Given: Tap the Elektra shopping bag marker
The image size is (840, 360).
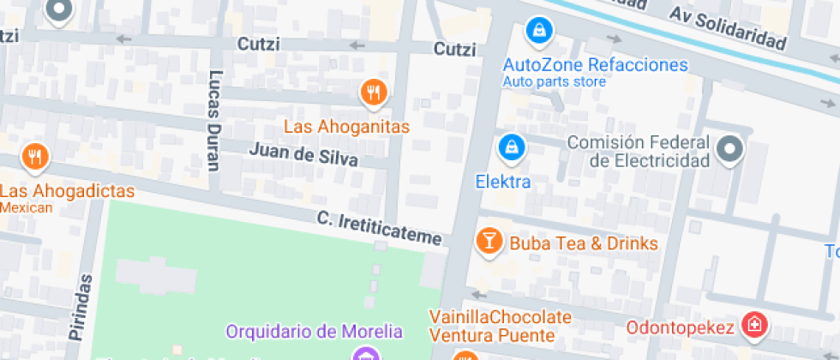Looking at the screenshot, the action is pyautogui.click(x=512, y=146).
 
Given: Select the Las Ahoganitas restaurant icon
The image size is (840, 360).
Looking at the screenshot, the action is pyautogui.click(x=372, y=92).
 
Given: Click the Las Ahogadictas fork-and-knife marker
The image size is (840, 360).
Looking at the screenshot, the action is pyautogui.click(x=35, y=157).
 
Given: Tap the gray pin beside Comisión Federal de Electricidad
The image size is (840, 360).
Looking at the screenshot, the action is pyautogui.click(x=729, y=149).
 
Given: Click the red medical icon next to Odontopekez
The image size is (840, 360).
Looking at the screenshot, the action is pyautogui.click(x=754, y=325).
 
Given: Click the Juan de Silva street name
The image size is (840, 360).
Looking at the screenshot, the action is pyautogui.click(x=303, y=154).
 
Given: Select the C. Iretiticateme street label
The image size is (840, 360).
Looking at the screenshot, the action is pyautogui.click(x=378, y=228).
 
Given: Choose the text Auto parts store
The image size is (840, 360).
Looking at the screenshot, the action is pyautogui.click(x=554, y=82).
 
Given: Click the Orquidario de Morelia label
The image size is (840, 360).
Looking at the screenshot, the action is pyautogui.click(x=314, y=331).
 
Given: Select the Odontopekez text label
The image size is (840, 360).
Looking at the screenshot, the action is pyautogui.click(x=680, y=327).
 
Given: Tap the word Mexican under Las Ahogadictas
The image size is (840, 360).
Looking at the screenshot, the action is pyautogui.click(x=27, y=207).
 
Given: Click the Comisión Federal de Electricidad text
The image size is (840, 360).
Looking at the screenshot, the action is pyautogui.click(x=639, y=152).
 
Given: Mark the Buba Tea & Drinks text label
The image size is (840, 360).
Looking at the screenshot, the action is pyautogui.click(x=584, y=243).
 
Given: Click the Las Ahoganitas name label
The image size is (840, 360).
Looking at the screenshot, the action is pyautogui.click(x=346, y=126).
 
